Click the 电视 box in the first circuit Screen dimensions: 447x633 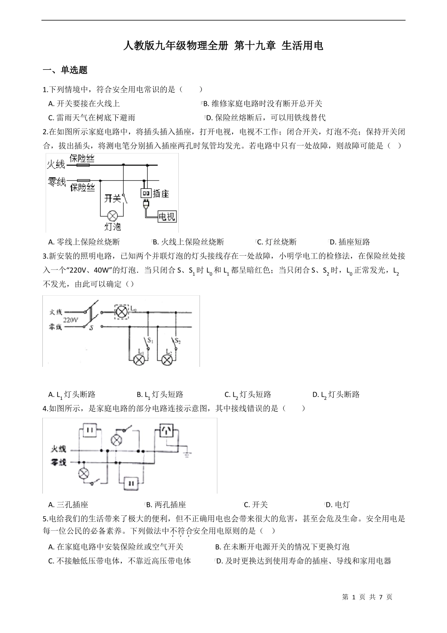coord(167,216)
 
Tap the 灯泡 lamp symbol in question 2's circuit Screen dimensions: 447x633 coord(112,216)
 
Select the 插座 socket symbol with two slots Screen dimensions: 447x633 coord(145,193)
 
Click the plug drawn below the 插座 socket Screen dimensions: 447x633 coord(146,205)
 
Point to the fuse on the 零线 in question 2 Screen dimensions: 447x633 coord(83,180)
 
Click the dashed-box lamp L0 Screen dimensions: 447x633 coord(122,311)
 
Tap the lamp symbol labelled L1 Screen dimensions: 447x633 coord(139,360)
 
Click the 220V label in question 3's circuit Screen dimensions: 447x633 coord(70,319)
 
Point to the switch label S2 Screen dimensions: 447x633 coord(177,340)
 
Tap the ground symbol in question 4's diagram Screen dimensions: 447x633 coord(188,454)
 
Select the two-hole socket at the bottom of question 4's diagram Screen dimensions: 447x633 coord(130,482)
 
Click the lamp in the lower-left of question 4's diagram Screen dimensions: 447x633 coord(84,473)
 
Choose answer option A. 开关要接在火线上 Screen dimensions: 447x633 coord(84,104)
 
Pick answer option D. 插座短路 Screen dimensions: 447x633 coord(350,242)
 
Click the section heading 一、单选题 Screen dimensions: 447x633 coord(65,70)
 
